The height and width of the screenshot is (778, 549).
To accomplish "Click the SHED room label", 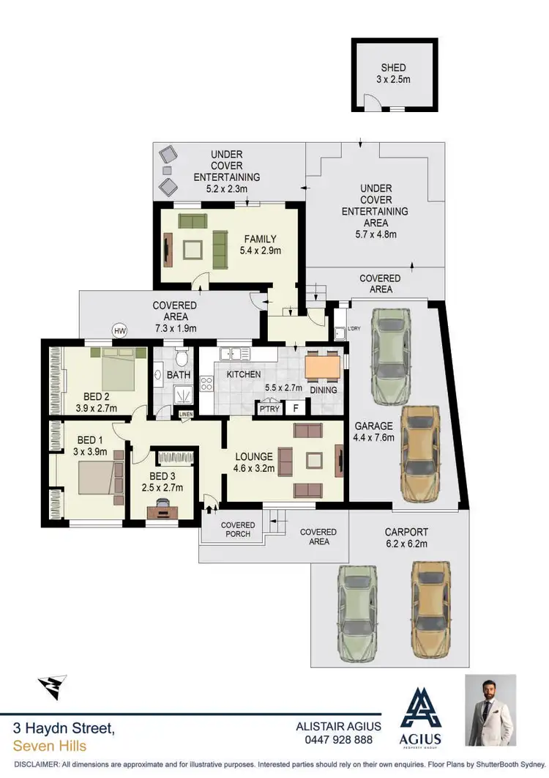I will (x=393, y=68).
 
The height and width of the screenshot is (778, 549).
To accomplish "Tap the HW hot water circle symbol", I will (x=119, y=331).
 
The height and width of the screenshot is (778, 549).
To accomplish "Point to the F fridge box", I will (x=296, y=409).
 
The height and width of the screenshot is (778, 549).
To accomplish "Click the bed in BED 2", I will (x=117, y=368).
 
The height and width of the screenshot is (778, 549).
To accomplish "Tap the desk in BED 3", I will (x=162, y=511).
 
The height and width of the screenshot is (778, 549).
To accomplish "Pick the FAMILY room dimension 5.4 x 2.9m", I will (x=261, y=251).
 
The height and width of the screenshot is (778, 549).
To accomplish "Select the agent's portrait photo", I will (x=490, y=710).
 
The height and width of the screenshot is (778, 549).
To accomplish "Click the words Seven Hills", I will (x=50, y=746).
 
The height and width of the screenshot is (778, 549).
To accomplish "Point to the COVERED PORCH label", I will (x=239, y=530).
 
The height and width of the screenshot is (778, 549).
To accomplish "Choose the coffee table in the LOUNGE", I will (x=315, y=460).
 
